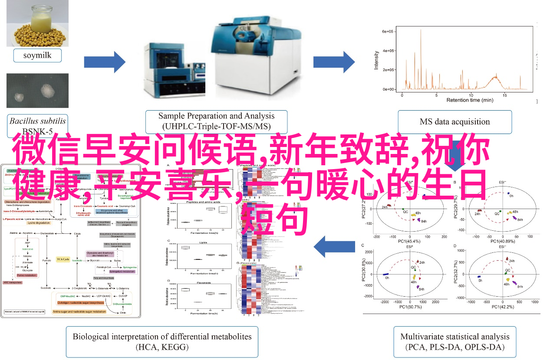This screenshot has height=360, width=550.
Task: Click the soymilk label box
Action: (x=37, y=56)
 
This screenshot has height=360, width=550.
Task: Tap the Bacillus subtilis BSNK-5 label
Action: (x=38, y=125)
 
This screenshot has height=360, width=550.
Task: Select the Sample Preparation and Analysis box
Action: (x=216, y=121)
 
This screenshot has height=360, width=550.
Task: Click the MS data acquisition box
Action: (x=454, y=121)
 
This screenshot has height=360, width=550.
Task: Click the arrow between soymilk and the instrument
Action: (x=104, y=62)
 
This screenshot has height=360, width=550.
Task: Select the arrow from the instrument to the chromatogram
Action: (x=333, y=62)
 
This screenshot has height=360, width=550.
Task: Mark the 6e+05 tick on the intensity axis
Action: (x=388, y=32)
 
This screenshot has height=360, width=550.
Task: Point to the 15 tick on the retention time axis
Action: (x=504, y=94)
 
